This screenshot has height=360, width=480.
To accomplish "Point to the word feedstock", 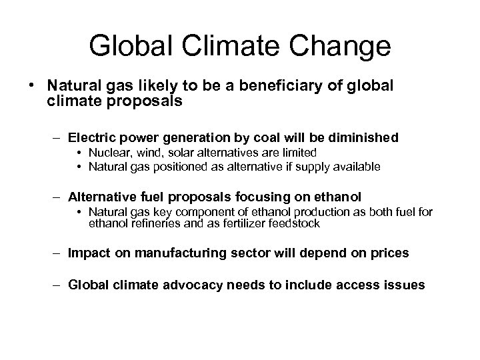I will pos(293,224).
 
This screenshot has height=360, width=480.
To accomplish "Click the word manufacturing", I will pos(170,253).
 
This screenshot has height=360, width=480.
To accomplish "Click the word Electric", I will pos(93,137).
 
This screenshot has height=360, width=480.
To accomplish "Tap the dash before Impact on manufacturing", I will pos(59,253).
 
